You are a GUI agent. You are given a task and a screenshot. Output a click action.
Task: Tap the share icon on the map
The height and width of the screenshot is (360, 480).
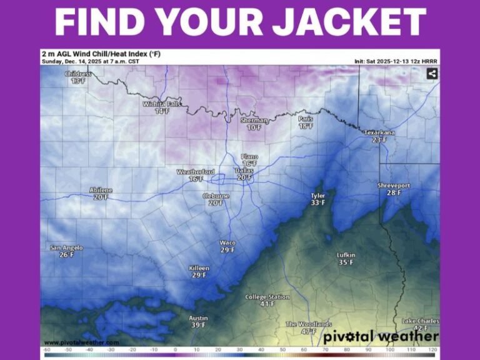431,74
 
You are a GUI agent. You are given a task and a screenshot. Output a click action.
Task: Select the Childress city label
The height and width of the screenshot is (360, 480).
78,74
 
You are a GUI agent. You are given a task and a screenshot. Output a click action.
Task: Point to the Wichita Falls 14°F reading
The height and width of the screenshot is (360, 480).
162,111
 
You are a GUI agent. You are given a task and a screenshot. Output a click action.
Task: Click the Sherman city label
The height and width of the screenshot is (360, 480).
254,120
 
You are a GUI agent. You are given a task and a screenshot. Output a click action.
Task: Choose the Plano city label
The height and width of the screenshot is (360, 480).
249,157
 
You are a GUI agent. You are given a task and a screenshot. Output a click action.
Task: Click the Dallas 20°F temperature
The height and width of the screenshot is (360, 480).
244,177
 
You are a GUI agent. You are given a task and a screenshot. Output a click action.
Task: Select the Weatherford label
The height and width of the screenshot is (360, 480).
196,172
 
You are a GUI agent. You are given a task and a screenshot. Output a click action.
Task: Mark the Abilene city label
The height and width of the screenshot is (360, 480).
101,190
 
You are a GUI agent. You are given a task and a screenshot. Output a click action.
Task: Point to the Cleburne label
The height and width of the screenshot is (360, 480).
216,196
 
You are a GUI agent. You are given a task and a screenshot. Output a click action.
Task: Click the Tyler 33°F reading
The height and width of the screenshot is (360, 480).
318,202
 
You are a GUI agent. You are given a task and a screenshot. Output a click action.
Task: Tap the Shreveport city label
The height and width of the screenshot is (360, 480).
394,186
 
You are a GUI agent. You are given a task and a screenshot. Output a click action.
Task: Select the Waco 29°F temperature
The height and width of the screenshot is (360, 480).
227,250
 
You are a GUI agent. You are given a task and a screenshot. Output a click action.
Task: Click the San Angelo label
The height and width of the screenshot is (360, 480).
66,247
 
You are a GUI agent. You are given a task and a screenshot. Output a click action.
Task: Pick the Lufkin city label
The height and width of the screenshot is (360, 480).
346,255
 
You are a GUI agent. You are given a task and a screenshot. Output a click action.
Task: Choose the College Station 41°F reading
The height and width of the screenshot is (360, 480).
267,304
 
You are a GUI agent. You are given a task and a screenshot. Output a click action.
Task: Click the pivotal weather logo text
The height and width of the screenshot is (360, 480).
381,336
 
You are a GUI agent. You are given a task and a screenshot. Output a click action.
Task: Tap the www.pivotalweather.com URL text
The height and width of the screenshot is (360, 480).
81,342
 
